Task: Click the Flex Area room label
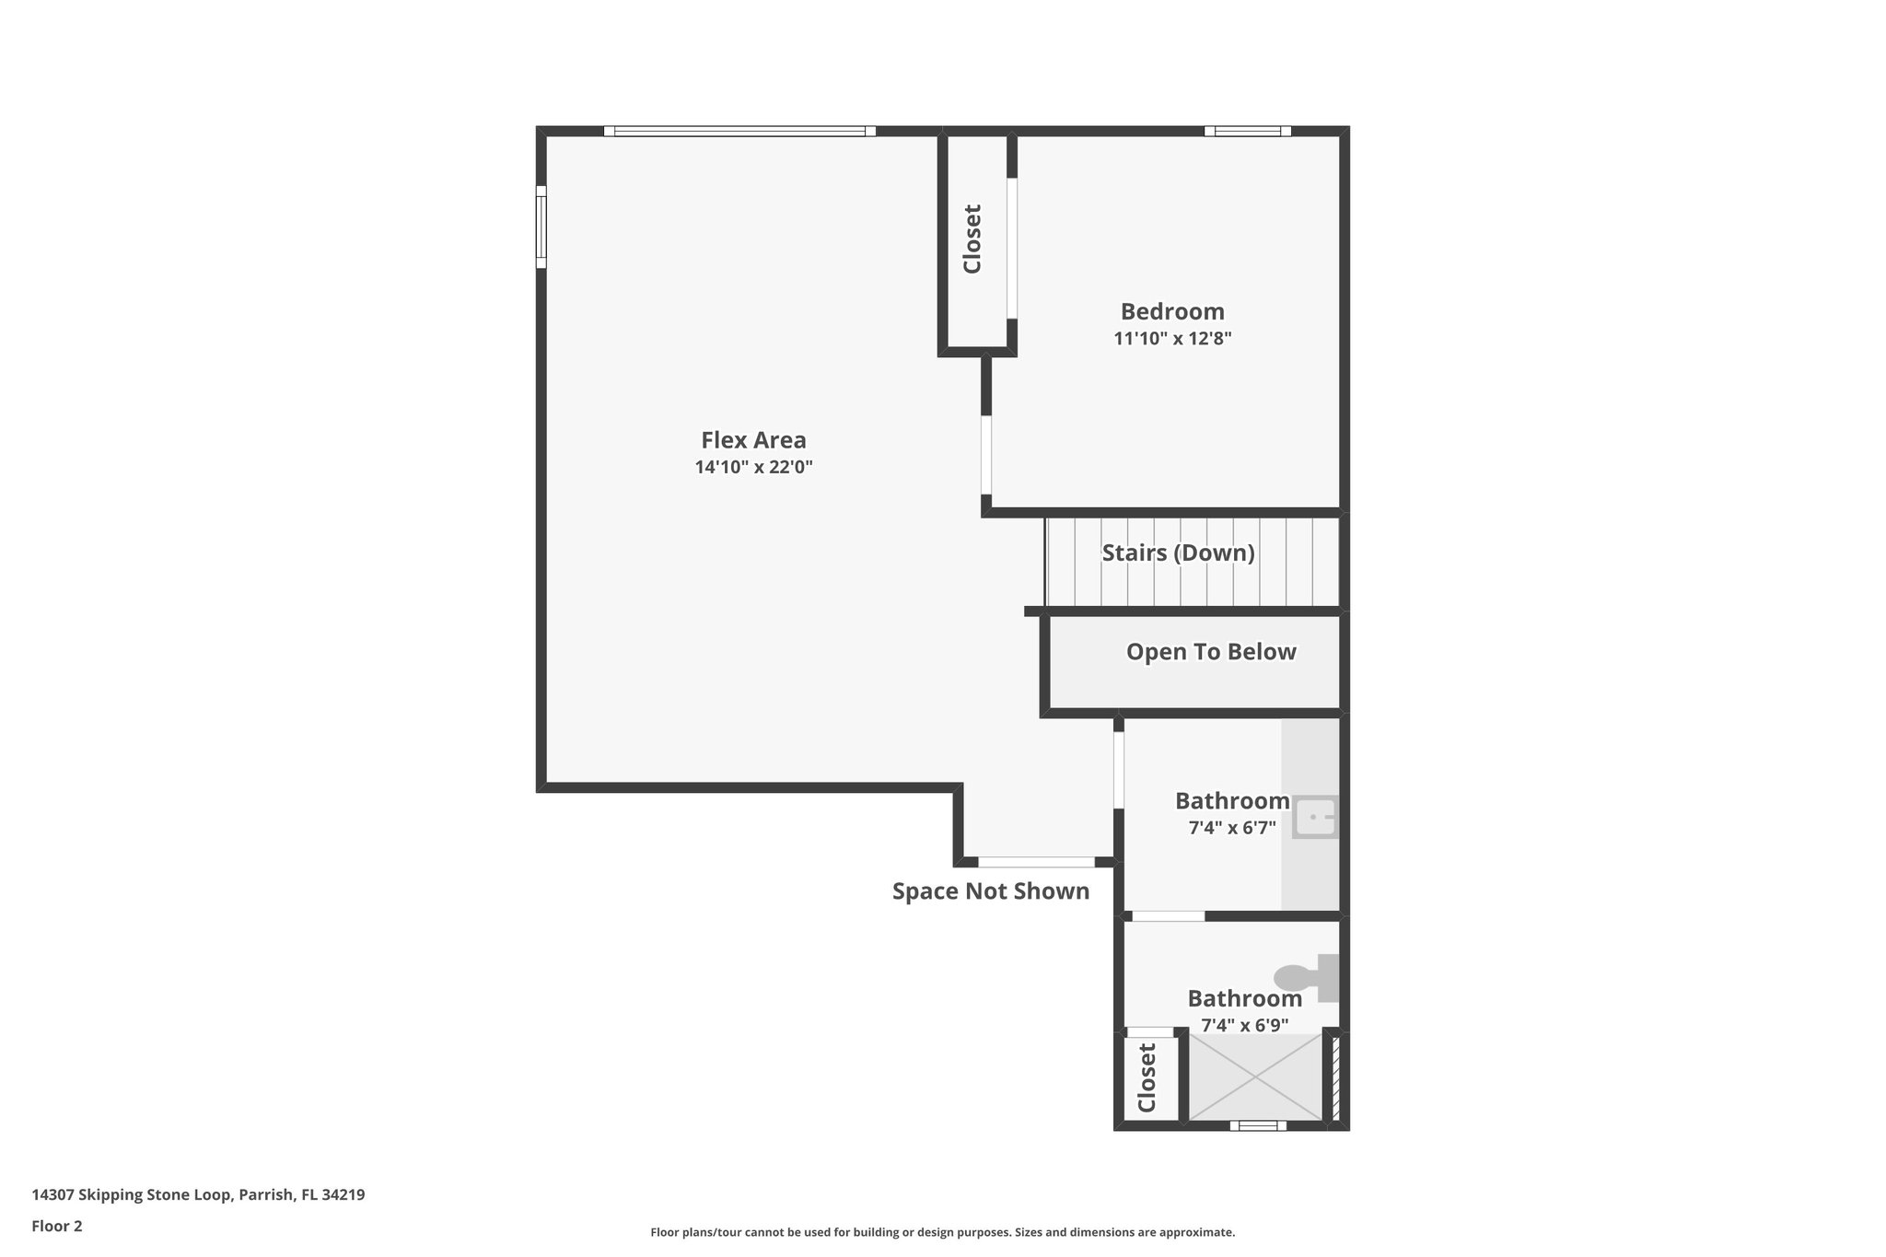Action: (753, 440)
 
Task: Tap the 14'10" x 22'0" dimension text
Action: (753, 468)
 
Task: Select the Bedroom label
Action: (1172, 311)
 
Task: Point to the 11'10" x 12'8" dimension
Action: (1172, 339)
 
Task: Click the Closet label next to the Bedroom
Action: (972, 239)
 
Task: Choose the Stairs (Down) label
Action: (1178, 553)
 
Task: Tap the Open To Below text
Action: (1211, 652)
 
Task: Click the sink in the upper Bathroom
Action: (1315, 818)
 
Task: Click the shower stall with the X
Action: (1256, 1077)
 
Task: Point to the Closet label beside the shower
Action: (1147, 1077)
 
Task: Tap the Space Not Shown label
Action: (991, 891)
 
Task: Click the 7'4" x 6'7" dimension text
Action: (1232, 828)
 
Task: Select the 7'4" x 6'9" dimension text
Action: (1244, 1025)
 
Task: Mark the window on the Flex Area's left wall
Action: (541, 227)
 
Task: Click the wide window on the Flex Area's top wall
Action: (739, 132)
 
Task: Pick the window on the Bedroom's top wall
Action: (1247, 132)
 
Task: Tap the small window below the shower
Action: (1258, 1125)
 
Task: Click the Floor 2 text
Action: (57, 1226)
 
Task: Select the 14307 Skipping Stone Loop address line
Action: (198, 1194)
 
